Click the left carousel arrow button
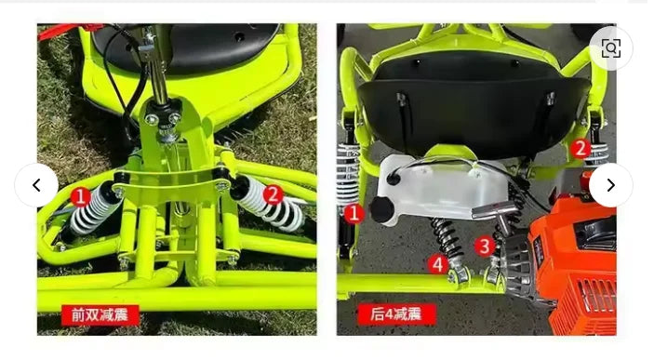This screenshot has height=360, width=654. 36,185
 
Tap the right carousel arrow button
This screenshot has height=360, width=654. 610,185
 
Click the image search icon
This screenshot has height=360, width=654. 610,48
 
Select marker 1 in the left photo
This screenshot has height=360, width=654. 81,196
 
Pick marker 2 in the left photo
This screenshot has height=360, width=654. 273,194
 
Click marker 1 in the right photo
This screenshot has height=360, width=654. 353,213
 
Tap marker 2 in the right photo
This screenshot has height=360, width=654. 580,148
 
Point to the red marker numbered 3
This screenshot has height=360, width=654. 485,246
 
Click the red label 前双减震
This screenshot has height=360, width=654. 100,314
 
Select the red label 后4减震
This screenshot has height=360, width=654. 398,314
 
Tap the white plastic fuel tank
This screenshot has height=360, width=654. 437,191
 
